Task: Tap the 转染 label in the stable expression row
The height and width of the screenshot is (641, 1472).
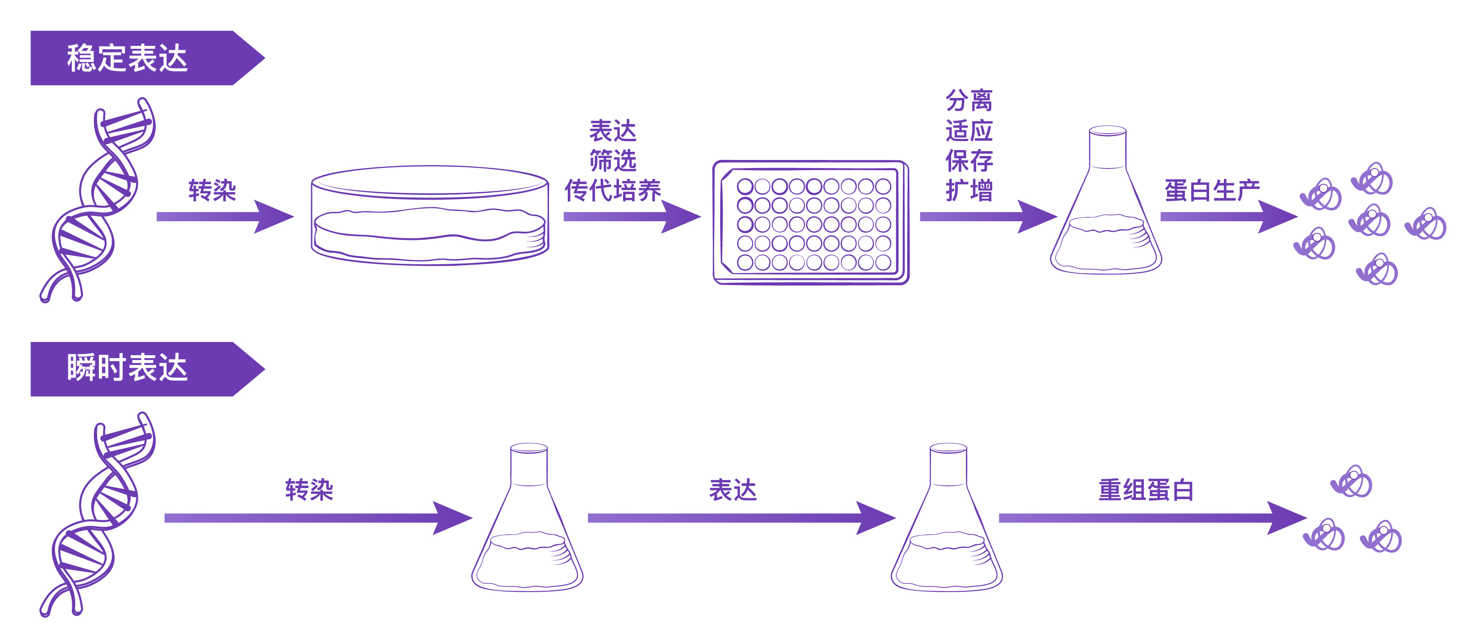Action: point(212,190)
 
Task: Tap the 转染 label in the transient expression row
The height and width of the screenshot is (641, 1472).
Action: point(309,490)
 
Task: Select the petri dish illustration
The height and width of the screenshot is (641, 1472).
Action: point(430,216)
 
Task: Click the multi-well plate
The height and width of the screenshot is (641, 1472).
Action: point(811,223)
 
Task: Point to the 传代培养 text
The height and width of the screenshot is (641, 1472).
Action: point(612,190)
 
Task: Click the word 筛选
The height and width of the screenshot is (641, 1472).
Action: point(612,161)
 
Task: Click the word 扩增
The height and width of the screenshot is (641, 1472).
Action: point(969,190)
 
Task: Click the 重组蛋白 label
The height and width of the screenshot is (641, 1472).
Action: point(1146,490)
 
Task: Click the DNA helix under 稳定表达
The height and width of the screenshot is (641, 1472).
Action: point(97,200)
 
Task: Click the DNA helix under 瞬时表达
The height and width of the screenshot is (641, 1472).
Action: point(97,515)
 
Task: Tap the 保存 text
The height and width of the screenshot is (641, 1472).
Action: point(969,161)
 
